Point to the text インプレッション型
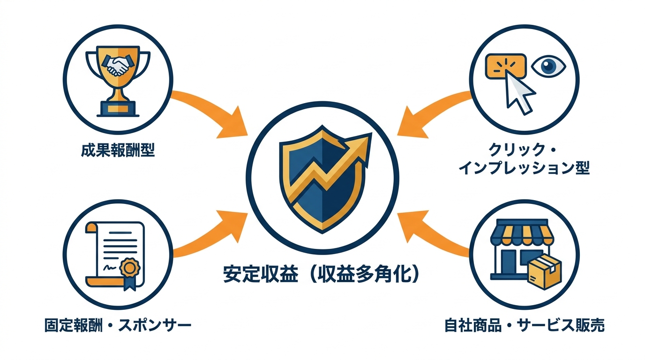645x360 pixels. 524,167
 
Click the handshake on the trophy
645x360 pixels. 118,66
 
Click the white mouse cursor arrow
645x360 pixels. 520,93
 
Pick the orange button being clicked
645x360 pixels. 505,65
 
